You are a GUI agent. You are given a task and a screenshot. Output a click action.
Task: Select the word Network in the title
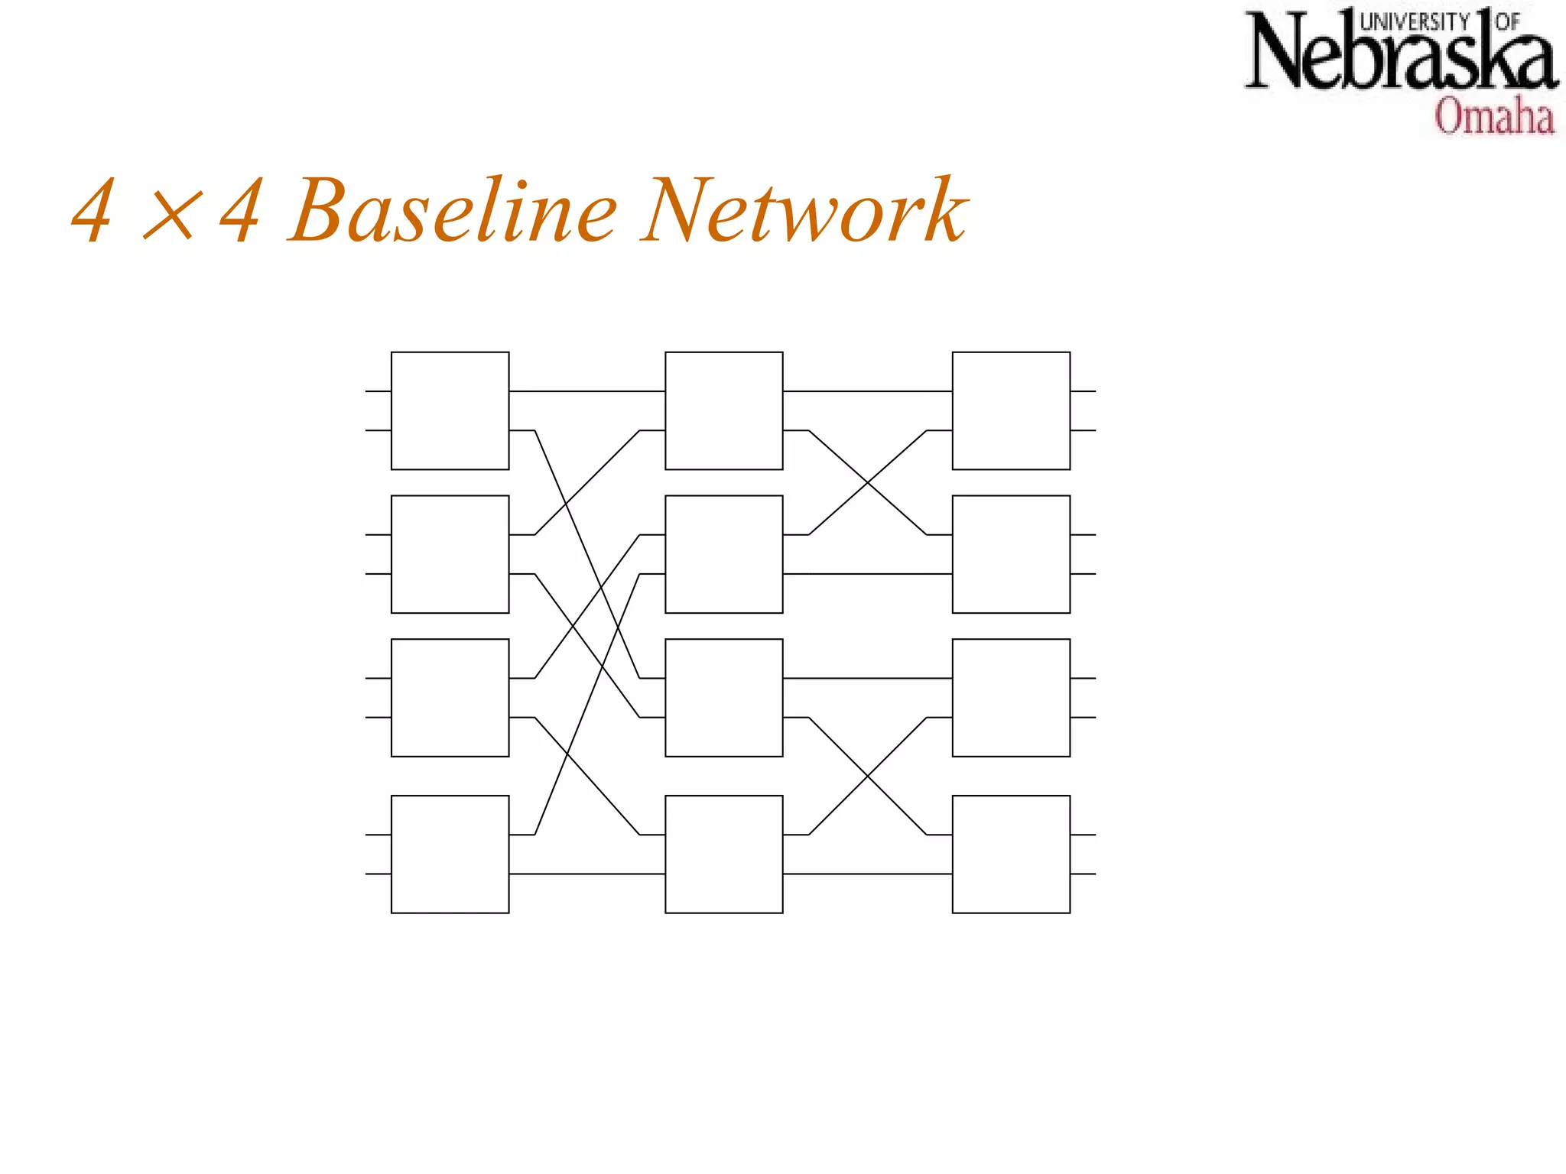pos(804,211)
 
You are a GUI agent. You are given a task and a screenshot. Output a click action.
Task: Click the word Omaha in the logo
pos(1494,117)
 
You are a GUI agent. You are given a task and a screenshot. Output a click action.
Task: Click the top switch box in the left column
pos(450,410)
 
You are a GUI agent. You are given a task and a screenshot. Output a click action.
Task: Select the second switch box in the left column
pos(450,554)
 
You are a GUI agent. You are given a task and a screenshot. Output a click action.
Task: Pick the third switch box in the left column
pos(450,697)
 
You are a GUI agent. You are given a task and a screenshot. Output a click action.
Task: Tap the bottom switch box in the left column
pos(450,854)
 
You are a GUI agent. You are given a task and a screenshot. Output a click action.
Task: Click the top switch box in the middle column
pos(723,410)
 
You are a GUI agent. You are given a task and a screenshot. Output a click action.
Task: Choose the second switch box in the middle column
pos(723,554)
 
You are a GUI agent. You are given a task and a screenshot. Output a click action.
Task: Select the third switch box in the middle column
pos(723,697)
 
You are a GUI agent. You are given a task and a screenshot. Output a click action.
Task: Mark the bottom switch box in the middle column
pos(723,854)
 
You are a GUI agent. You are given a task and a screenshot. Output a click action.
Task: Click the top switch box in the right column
pos(1011,410)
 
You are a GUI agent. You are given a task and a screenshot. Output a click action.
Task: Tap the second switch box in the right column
pos(1011,554)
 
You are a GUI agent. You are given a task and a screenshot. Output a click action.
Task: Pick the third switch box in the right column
pos(1011,697)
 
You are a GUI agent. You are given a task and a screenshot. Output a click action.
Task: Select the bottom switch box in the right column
pos(1011,854)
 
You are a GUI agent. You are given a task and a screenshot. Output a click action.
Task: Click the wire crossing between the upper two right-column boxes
pos(868,482)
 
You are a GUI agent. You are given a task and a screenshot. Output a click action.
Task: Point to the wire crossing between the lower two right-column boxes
pos(868,776)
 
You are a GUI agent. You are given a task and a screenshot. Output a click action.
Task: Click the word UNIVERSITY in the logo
pos(1415,21)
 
